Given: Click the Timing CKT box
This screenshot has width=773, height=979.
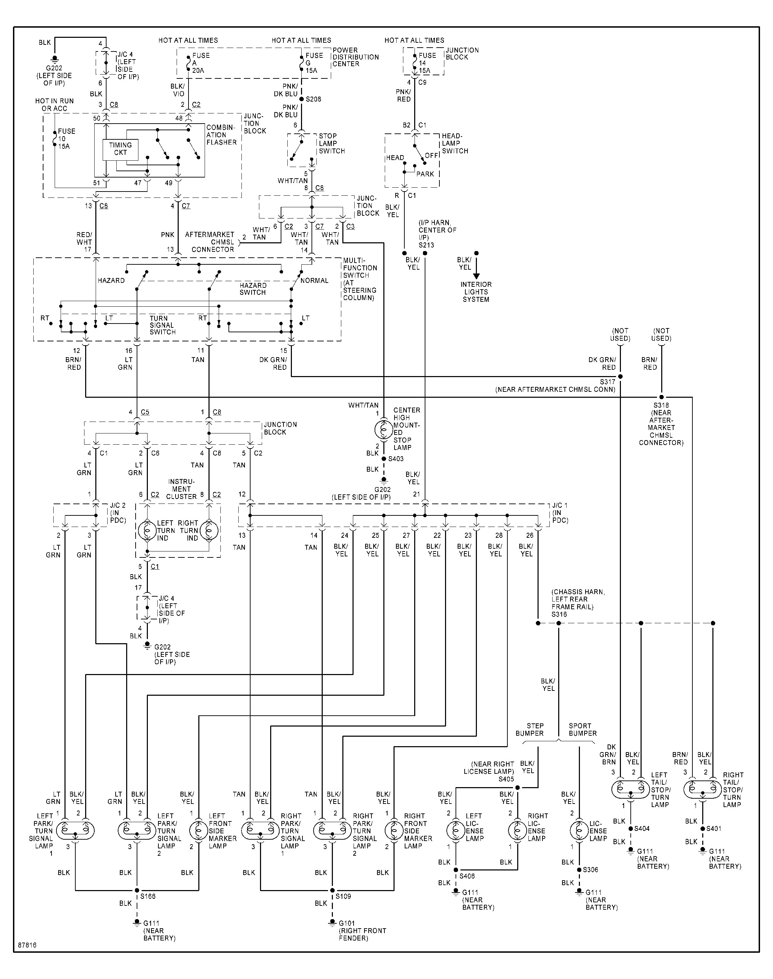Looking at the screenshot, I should pyautogui.click(x=120, y=149).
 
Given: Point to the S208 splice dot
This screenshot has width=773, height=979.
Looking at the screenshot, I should pyautogui.click(x=302, y=99).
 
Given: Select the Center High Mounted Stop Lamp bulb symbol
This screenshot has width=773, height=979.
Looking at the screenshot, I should pyautogui.click(x=383, y=429).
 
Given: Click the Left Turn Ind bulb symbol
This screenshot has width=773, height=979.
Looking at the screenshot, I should pyautogui.click(x=146, y=530).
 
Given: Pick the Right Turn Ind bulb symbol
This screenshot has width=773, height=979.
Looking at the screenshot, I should pyautogui.click(x=209, y=530).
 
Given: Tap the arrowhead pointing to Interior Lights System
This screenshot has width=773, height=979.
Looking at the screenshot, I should pyautogui.click(x=476, y=276).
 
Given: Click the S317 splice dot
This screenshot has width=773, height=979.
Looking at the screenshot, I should pyautogui.click(x=620, y=376).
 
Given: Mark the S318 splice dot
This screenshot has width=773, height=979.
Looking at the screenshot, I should pyautogui.click(x=661, y=397).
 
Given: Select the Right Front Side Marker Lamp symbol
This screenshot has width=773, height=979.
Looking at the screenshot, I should pyautogui.click(x=394, y=831).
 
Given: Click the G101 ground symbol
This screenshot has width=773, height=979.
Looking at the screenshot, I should pyautogui.click(x=332, y=923).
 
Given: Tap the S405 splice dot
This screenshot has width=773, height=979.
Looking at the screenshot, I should pyautogui.click(x=518, y=787).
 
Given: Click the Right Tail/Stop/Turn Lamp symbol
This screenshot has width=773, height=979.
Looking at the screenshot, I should pyautogui.click(x=703, y=789).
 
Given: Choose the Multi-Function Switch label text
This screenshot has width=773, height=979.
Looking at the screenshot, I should pyautogui.click(x=360, y=279).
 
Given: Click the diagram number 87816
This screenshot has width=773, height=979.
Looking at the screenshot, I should pyautogui.click(x=27, y=945).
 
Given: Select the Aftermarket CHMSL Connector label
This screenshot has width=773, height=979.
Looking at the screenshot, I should pyautogui.click(x=210, y=242).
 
